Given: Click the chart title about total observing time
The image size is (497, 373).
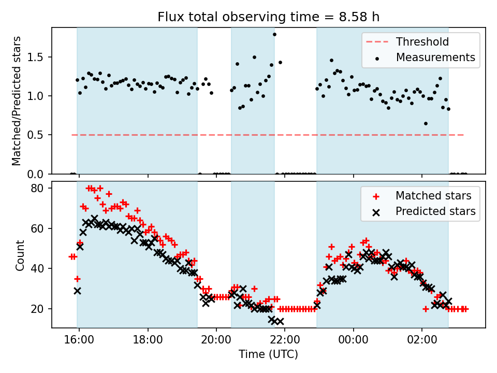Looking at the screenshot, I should click(x=269, y=17).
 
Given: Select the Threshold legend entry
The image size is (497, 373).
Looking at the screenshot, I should click(x=422, y=41).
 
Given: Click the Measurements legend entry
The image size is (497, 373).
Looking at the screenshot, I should click(x=435, y=58).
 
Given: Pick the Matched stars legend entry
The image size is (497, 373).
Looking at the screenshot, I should click(x=433, y=196).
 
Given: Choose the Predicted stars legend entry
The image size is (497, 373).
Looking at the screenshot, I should click(x=435, y=211).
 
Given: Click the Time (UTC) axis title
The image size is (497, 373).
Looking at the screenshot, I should click(x=268, y=354).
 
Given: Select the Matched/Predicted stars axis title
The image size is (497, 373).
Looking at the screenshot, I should click(x=17, y=101).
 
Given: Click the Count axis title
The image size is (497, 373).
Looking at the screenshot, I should click(x=20, y=255).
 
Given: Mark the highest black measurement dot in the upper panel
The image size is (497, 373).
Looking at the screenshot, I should click(x=274, y=35).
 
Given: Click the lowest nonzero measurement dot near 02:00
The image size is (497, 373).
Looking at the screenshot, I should click(x=426, y=123).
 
